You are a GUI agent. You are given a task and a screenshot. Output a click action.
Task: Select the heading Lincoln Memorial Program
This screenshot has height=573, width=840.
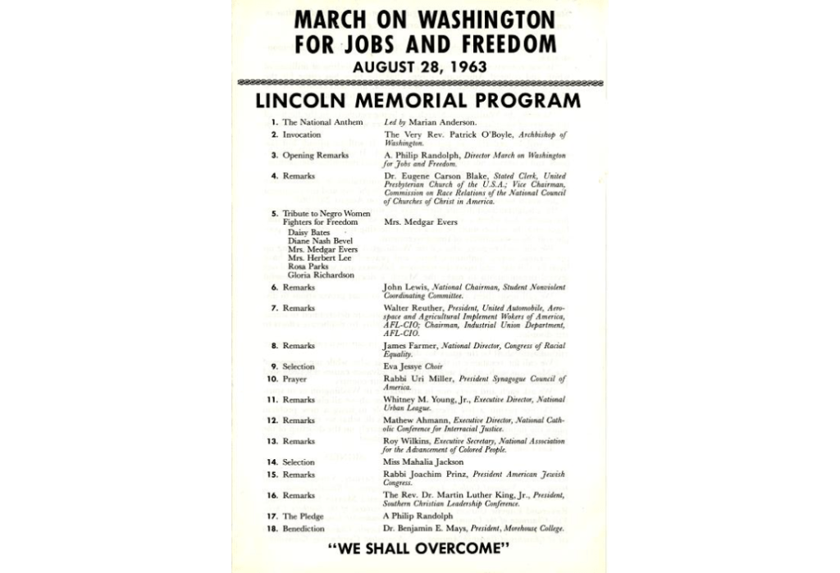[x=418, y=101]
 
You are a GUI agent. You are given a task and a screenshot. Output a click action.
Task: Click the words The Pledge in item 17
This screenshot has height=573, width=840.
[x=302, y=516]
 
